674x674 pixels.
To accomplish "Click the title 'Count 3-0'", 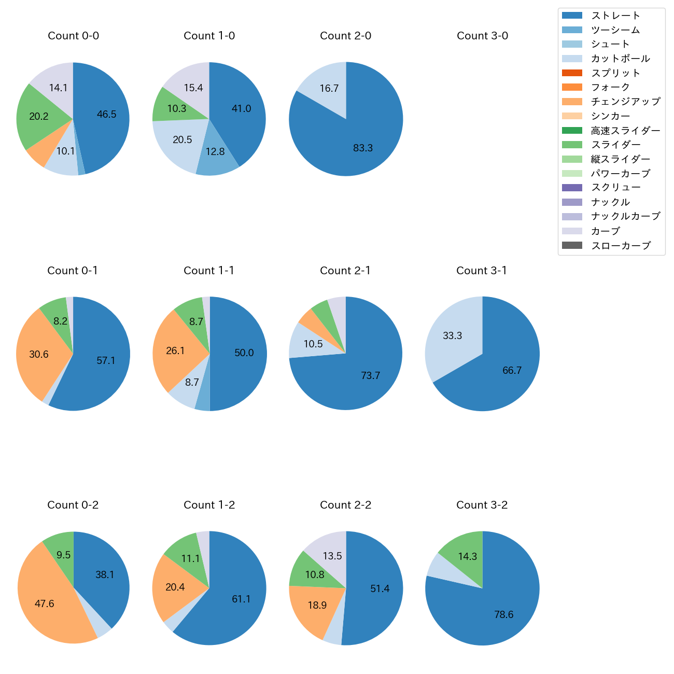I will [482, 36].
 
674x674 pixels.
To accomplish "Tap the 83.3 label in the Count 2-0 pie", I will [363, 148].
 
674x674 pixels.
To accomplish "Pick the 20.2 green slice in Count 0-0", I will [39, 117].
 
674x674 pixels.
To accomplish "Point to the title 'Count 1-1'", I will [209, 271].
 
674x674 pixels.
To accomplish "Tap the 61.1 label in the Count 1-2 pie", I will [241, 599].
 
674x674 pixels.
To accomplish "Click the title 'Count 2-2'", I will [346, 505].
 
